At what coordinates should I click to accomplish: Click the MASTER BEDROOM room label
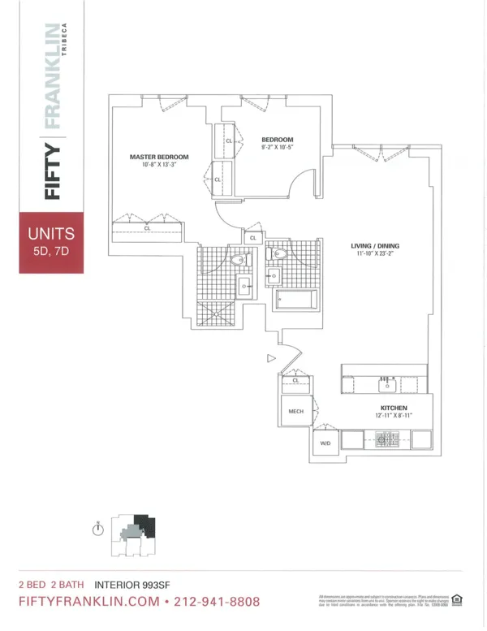tap(159, 157)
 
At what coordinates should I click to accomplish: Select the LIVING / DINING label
tap(375, 245)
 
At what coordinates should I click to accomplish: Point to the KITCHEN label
tap(394, 408)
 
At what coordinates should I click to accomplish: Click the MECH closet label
tap(296, 412)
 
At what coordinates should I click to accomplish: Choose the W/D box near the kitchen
tap(326, 443)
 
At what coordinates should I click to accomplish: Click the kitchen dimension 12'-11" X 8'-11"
tap(394, 416)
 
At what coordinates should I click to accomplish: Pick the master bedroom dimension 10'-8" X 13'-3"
tap(159, 165)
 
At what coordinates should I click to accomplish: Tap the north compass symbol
tap(98, 529)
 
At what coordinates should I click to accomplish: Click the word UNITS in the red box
tap(52, 234)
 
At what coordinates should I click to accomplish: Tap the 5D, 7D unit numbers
tap(52, 252)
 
